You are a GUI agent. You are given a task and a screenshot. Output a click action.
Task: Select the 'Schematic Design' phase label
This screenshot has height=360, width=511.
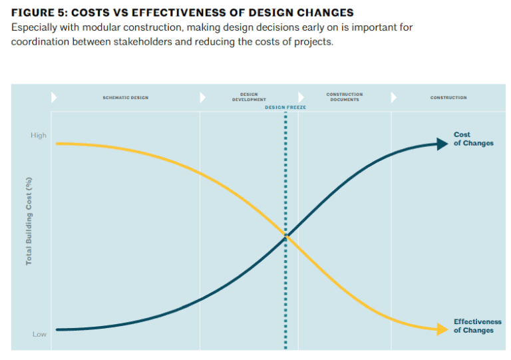coord(125,98)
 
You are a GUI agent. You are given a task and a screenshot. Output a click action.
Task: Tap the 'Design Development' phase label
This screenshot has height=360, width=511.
coord(249,97)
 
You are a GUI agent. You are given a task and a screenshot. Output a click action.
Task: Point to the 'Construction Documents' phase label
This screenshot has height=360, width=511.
coord(344,97)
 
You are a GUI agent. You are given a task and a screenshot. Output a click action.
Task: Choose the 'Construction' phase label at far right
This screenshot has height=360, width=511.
coord(448,98)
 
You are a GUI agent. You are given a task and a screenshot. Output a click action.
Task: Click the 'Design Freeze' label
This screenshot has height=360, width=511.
coord(285,107)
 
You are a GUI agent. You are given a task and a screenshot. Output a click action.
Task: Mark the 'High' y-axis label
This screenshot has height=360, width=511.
coord(39,135)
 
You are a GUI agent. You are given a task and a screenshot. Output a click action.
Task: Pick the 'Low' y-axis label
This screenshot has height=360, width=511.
coord(39,334)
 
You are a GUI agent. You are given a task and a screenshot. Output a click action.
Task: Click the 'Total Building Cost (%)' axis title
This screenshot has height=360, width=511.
coord(29,221)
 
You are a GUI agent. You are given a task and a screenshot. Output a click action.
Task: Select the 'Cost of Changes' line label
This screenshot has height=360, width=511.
coord(473,139)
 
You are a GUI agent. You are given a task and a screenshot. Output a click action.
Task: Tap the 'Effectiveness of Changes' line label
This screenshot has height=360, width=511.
coord(477,326)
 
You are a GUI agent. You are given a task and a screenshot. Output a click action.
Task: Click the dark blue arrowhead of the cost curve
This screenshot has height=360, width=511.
coord(442,144)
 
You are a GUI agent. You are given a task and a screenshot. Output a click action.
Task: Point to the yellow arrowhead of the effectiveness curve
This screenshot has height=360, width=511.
coord(442,329)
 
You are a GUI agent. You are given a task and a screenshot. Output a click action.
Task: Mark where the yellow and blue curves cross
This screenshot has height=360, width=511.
coord(286,235)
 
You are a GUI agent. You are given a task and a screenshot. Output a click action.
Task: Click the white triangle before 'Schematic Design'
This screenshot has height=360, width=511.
coord(54,98)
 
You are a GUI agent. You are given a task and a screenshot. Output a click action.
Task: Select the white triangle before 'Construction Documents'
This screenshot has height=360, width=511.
coord(301,98)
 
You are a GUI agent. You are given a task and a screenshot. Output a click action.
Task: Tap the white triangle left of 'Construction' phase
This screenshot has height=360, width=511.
coord(394,98)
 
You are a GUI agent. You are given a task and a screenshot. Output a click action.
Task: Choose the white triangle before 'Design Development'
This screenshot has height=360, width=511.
coord(203,98)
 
